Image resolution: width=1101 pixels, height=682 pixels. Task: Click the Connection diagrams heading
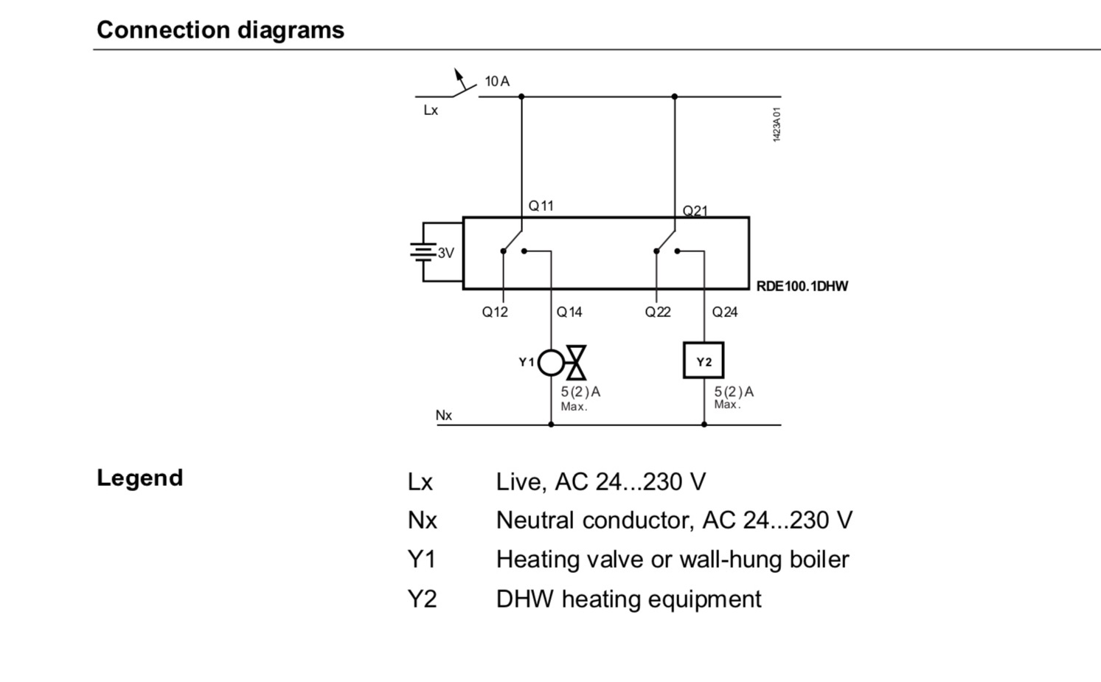[x=220, y=30]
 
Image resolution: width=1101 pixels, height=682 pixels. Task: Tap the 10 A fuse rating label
[x=497, y=81]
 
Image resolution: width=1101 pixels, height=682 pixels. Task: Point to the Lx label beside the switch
[x=431, y=111]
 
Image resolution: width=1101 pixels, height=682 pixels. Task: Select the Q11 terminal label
[x=541, y=206]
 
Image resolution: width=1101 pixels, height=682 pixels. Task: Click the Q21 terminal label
[x=695, y=211]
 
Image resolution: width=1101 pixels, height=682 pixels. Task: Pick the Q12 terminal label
[x=495, y=312]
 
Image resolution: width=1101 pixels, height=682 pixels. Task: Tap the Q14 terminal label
[x=569, y=312]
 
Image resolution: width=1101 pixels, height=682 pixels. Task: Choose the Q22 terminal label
[x=658, y=312]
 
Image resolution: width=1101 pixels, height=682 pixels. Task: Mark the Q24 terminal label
[x=725, y=312]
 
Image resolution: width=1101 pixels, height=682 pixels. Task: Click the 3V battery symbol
[x=423, y=252]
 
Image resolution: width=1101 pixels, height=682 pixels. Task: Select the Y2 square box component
[x=704, y=361]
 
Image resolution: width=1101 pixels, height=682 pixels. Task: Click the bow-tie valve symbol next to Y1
[x=576, y=362]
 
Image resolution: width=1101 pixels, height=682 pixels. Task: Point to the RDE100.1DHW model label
[x=802, y=286]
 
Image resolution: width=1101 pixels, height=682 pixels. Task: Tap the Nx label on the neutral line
[x=443, y=415]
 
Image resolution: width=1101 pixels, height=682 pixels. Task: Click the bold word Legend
[x=139, y=478]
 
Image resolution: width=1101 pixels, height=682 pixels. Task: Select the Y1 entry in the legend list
[x=422, y=560]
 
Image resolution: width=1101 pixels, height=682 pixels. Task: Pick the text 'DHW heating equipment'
[x=628, y=599]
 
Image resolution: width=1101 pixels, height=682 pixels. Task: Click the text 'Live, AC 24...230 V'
[x=600, y=482]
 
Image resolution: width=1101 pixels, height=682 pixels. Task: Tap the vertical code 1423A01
[x=777, y=124]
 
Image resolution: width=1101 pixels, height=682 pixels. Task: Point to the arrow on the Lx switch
[x=459, y=75]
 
